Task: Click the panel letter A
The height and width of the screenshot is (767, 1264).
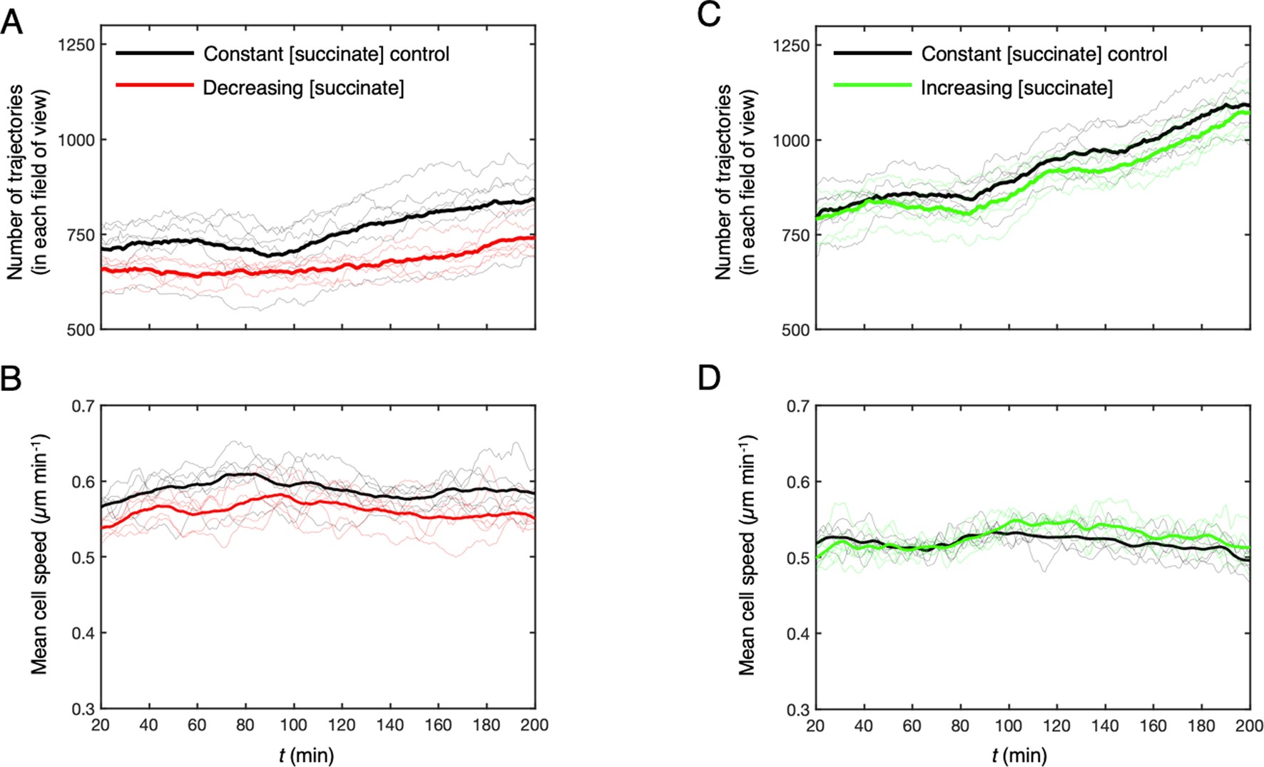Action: (x=12, y=23)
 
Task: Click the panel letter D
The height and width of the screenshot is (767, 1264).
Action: (x=709, y=378)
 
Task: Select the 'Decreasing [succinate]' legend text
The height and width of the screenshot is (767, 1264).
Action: (x=303, y=88)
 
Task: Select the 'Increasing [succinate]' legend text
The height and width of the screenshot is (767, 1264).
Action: (x=1016, y=88)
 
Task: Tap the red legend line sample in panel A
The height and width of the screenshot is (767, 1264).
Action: (x=155, y=86)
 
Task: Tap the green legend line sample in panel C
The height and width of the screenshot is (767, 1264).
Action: (x=872, y=86)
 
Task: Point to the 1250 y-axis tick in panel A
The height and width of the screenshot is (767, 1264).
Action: (x=76, y=45)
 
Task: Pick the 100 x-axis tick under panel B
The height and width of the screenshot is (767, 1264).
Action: (x=293, y=726)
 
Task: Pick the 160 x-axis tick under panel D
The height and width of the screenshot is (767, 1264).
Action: (x=1153, y=726)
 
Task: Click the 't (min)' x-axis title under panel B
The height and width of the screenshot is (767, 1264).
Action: (x=307, y=755)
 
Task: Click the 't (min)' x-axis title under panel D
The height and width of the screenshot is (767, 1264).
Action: (x=1019, y=755)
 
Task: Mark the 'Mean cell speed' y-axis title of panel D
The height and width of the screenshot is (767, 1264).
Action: (x=747, y=555)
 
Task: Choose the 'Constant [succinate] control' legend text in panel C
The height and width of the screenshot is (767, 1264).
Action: (x=1044, y=54)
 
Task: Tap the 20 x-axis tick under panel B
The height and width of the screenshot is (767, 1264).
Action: (x=101, y=726)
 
